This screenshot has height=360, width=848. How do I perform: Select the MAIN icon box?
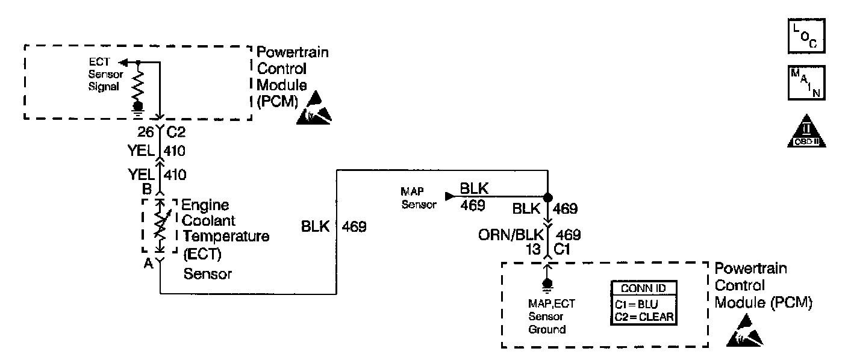tap(805, 82)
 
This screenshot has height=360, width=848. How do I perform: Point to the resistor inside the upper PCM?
tap(138, 84)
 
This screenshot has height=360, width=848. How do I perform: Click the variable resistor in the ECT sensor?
tap(160, 226)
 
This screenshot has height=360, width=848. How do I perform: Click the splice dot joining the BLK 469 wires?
tap(547, 197)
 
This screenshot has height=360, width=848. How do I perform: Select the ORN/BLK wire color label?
tap(511, 234)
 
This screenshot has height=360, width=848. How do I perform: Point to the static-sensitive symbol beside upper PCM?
tap(313, 109)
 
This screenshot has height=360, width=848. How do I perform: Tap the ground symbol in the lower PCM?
tap(547, 284)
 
